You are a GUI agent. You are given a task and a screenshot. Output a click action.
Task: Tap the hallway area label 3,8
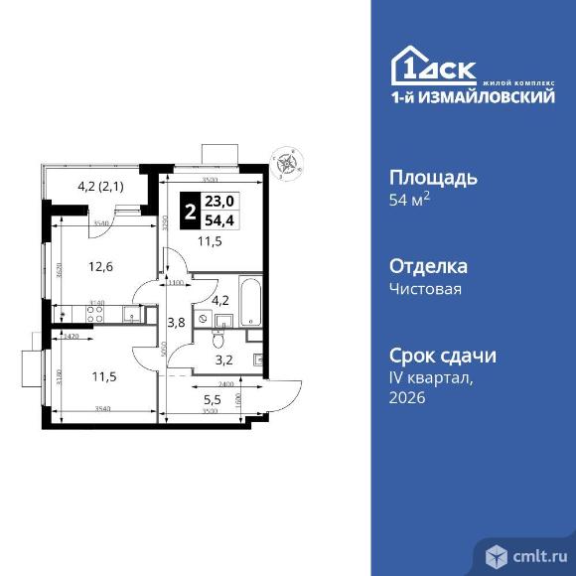(x=175, y=322)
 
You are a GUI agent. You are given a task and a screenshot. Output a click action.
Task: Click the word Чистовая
(x=426, y=290)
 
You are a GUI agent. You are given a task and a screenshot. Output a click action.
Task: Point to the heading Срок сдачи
(x=440, y=357)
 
